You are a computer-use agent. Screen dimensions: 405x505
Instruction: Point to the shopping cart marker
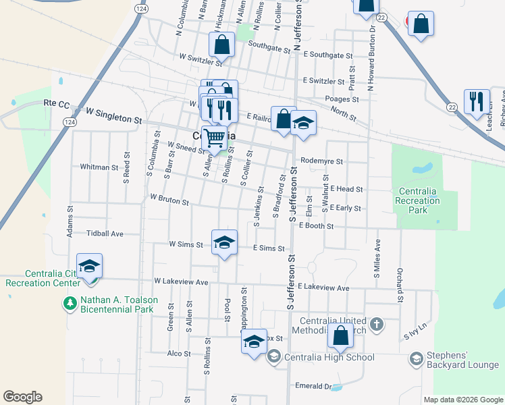point(215,138)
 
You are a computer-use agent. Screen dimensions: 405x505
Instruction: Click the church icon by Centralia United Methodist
point(376,325)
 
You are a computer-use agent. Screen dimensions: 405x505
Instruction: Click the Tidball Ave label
point(105,234)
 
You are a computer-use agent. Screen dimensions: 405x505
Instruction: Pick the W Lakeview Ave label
point(181,281)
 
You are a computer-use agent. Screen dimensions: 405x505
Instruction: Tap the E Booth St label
point(315,226)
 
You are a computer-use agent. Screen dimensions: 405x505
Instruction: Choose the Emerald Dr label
point(315,386)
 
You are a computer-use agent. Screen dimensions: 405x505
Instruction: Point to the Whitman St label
point(99,167)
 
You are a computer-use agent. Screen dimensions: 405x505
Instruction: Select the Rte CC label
point(57,103)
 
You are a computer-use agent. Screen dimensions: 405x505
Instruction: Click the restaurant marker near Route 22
point(477,101)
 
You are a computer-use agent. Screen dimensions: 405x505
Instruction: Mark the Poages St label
point(341,99)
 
